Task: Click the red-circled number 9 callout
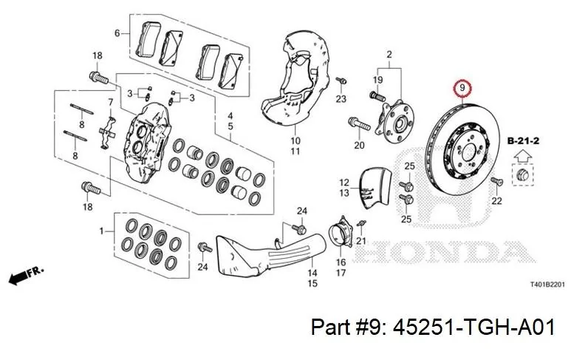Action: coord(462,89)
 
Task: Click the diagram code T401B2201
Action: coord(547,284)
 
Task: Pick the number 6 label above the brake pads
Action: coord(117,33)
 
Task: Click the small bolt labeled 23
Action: coord(341,81)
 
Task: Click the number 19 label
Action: coord(377,80)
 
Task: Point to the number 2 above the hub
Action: coord(389,53)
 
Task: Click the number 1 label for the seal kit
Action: coord(102,232)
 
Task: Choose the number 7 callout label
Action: coord(110,102)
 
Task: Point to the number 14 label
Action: coord(312,273)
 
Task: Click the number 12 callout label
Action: coord(343,182)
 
